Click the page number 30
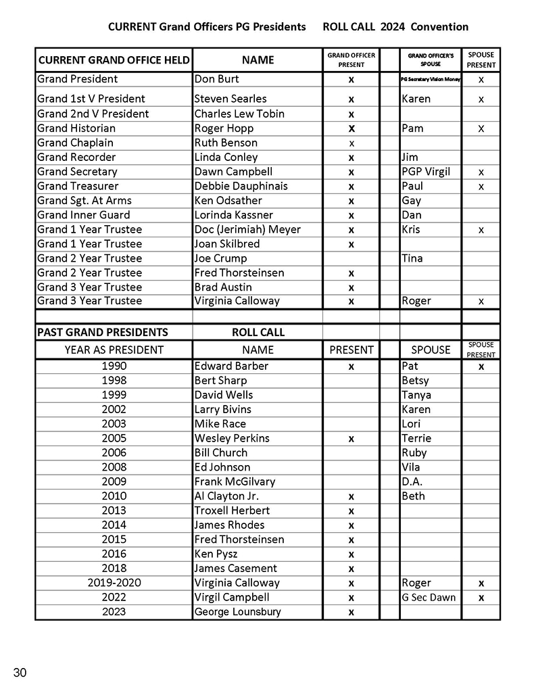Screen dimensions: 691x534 [20, 672]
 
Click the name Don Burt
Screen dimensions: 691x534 [216, 79]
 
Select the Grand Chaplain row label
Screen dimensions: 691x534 [75, 143]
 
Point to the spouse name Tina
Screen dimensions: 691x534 [412, 258]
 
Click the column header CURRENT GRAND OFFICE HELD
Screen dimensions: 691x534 [114, 59]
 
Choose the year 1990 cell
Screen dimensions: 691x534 [114, 366]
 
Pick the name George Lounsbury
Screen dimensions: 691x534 [237, 612]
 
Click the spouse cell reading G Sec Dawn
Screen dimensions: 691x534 [429, 597]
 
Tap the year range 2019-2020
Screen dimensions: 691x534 [114, 583]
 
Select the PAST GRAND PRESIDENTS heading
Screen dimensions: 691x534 [103, 332]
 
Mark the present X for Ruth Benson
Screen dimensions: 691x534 [351, 143]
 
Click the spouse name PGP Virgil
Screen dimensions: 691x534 [426, 172]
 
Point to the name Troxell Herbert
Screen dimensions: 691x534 [232, 510]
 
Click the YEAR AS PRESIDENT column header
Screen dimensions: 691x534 [114, 350]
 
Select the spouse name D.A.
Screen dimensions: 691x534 [412, 481]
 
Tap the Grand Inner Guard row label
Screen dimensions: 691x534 [84, 215]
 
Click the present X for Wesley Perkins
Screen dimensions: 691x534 [351, 439]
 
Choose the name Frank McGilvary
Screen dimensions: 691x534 [235, 481]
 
